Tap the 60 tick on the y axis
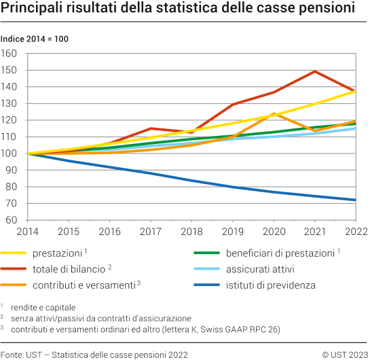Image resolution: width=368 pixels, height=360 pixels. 12,220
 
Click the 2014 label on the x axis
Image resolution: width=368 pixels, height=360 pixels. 28,232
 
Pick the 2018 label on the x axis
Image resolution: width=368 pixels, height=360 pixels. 192,232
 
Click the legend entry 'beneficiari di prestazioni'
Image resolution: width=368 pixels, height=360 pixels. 280,253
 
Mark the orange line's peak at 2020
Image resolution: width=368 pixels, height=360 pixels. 274,113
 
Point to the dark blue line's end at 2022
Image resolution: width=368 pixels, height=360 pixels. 355,200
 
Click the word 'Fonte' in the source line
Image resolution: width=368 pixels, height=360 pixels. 12,353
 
